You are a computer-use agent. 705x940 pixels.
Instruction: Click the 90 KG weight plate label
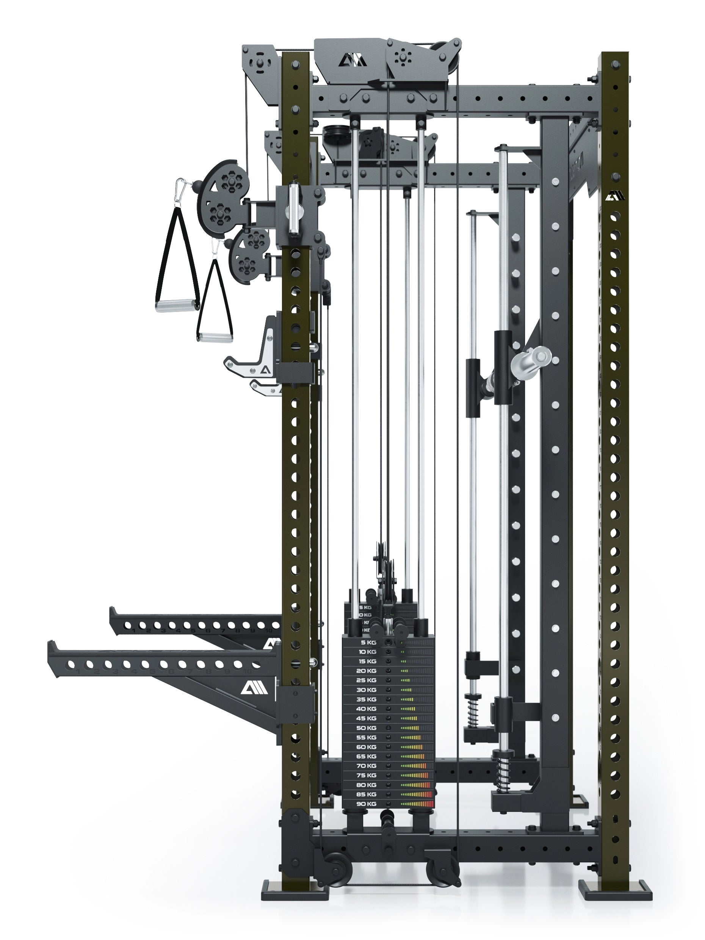(x=366, y=804)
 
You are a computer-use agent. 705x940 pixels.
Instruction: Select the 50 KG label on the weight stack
(x=366, y=728)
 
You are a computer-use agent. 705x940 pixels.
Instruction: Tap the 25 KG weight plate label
(x=366, y=680)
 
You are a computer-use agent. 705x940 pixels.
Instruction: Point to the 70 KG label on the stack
(x=366, y=766)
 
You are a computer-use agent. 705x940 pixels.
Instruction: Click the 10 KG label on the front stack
(x=367, y=652)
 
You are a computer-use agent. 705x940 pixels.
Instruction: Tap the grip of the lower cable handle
(x=215, y=337)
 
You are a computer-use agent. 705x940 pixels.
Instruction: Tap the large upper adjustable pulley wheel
(x=219, y=197)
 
